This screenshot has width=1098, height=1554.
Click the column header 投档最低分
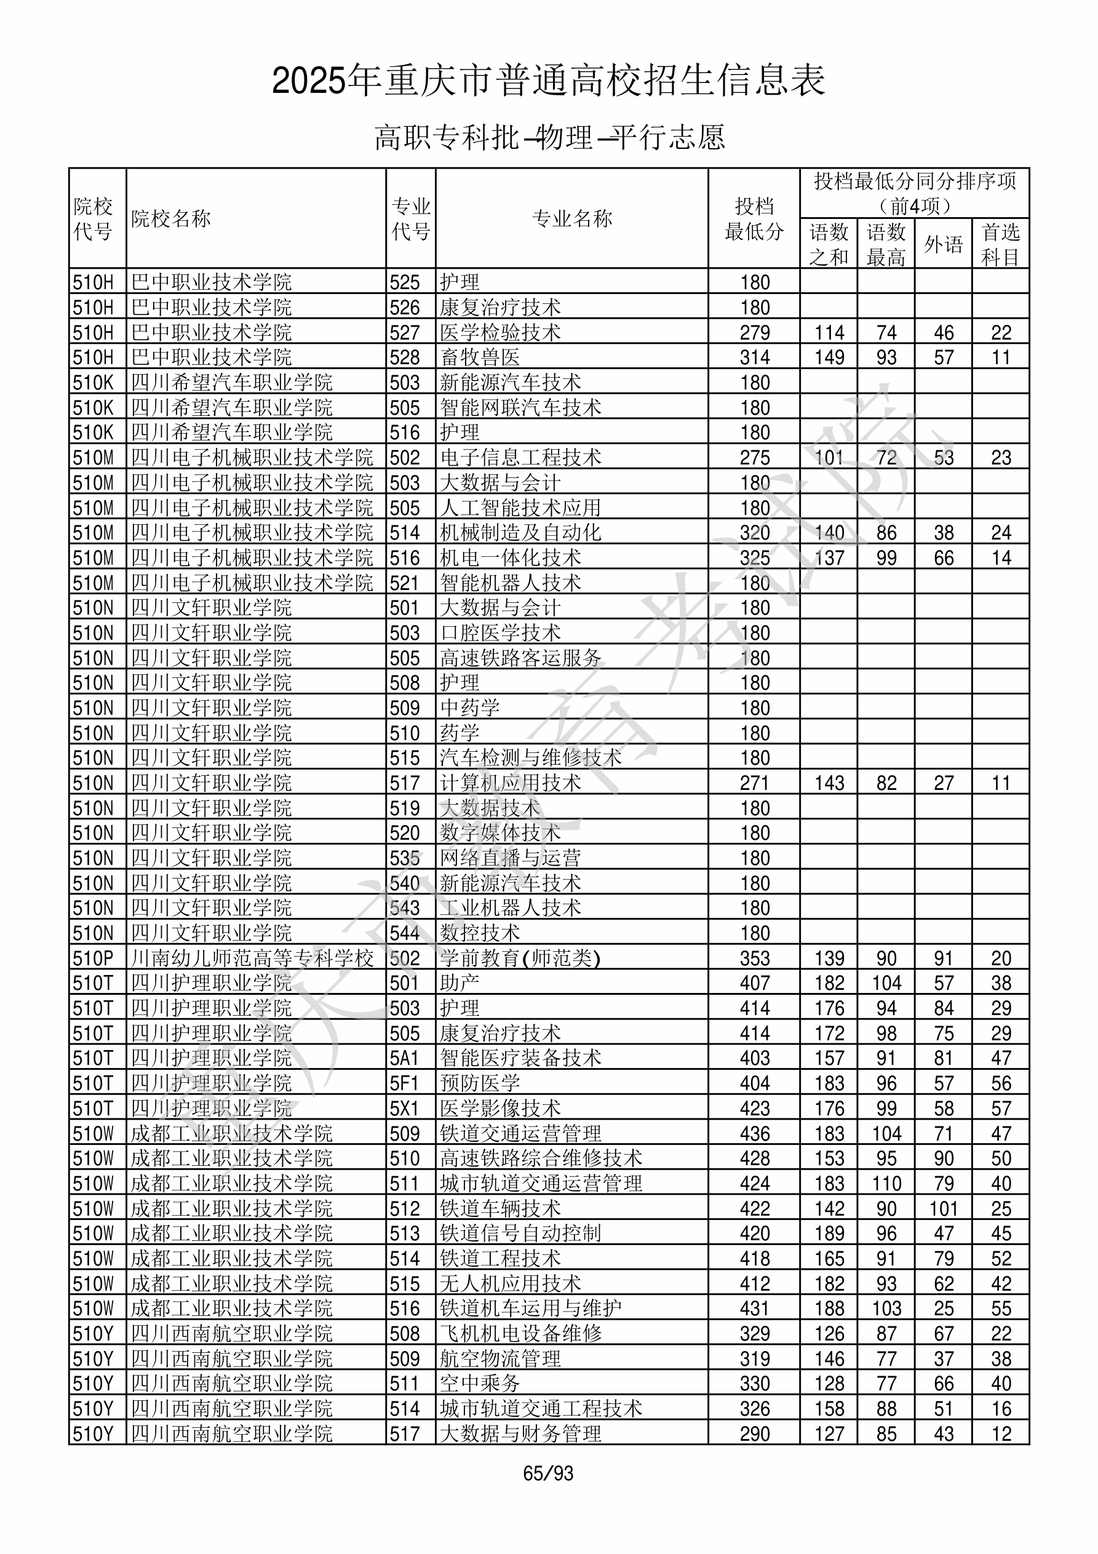pos(754,218)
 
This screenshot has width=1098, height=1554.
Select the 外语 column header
pos(943,244)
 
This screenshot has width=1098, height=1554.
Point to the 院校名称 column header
pos(171,218)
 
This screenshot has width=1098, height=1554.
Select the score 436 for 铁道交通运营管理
pos(755,1134)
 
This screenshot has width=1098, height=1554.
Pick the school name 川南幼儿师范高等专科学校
pos(252,958)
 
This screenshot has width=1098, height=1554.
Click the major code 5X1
pos(404,1109)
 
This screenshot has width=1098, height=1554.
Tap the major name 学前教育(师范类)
pos(520,958)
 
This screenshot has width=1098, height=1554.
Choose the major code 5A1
pos(404,1058)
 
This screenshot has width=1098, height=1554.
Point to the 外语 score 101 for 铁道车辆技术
pos(943,1209)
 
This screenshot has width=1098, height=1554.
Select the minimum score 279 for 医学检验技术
pos(755,332)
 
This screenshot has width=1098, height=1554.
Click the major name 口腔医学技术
pos(500,633)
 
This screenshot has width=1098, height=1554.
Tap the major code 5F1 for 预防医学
pos(404,1083)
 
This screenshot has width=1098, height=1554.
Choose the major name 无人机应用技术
pos(511,1284)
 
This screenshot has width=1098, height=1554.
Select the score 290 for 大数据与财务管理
pos(755,1434)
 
